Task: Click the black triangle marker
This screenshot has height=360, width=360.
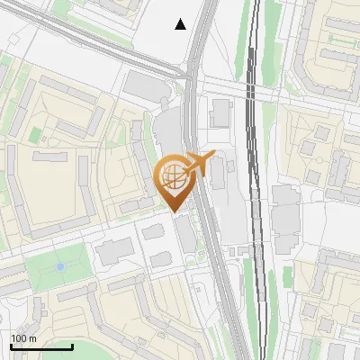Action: click(x=181, y=24)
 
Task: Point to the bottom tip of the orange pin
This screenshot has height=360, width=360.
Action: click(x=174, y=212)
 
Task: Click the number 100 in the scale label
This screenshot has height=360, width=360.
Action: click(x=19, y=337)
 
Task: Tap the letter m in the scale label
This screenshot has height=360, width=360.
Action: click(x=32, y=337)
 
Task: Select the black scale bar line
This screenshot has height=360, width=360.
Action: click(x=41, y=346)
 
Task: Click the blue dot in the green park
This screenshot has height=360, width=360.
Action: click(x=59, y=266)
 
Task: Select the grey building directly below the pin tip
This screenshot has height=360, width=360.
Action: click(x=184, y=233)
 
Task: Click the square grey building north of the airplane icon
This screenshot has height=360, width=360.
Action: click(x=220, y=112)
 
